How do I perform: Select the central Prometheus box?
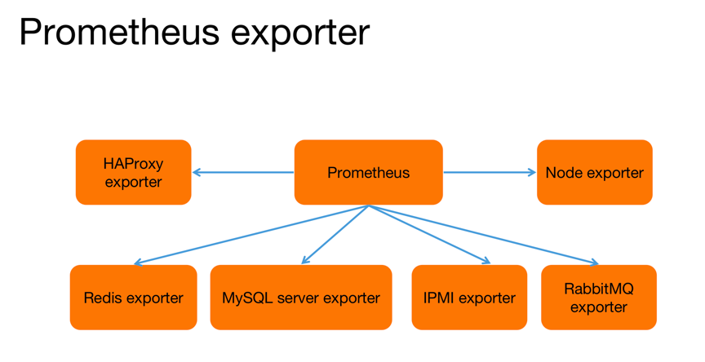[368, 172]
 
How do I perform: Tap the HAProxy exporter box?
[133, 172]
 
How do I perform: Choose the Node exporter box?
[594, 172]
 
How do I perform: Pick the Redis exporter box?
[133, 298]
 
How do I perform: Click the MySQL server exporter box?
[300, 298]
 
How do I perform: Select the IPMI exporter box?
[469, 298]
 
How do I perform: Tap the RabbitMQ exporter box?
[598, 298]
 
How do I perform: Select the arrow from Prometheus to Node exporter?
[490, 172]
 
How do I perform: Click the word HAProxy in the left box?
[133, 163]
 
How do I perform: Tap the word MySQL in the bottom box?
[246, 298]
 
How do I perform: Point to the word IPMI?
[441, 298]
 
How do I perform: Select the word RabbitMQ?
[598, 289]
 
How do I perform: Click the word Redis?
[103, 298]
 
